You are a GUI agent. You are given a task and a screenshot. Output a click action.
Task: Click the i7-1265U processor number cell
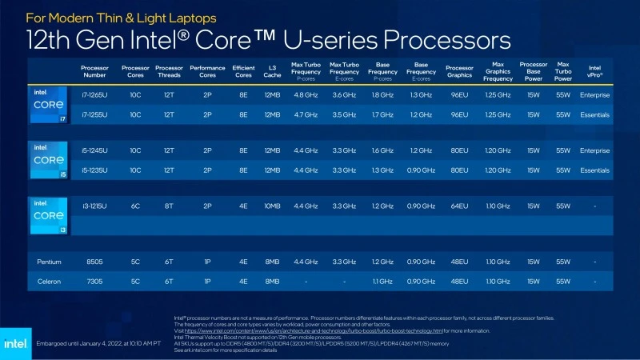94,95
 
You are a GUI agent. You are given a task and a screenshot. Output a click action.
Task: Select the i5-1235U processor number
94,170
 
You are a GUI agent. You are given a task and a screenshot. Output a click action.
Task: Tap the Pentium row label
49,262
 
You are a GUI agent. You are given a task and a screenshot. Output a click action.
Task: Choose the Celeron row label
49,281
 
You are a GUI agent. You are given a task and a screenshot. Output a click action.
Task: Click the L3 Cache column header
272,71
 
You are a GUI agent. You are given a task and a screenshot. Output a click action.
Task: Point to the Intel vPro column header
594,71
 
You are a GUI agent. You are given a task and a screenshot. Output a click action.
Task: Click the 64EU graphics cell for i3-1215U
459,206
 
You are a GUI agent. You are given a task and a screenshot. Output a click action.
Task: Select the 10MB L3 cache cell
272,206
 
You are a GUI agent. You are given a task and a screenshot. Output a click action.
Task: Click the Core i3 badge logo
49,215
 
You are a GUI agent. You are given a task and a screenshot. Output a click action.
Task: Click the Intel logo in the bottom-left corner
17,343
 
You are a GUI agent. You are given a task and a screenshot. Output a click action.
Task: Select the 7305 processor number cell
94,281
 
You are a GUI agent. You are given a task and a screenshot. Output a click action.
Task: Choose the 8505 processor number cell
94,262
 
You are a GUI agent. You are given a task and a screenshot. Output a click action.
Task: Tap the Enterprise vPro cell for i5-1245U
594,150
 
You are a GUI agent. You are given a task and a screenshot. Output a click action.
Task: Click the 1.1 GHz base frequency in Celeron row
382,281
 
